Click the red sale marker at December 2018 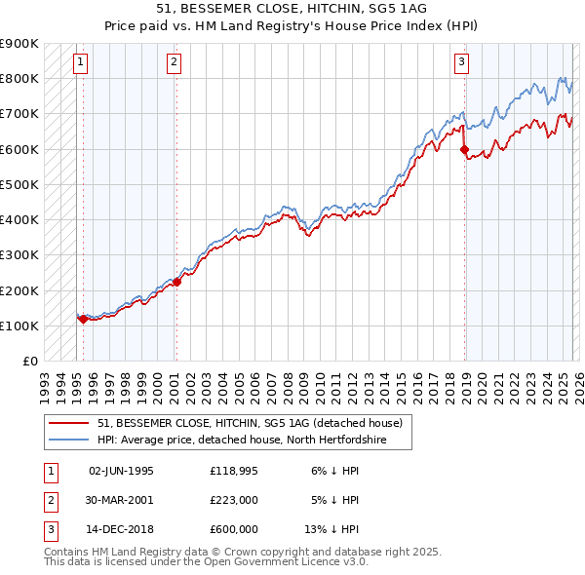coord(464,149)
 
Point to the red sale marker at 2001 coord(177,282)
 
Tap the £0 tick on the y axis coord(29,361)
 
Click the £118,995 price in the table coord(234,471)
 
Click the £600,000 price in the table coord(234,529)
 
